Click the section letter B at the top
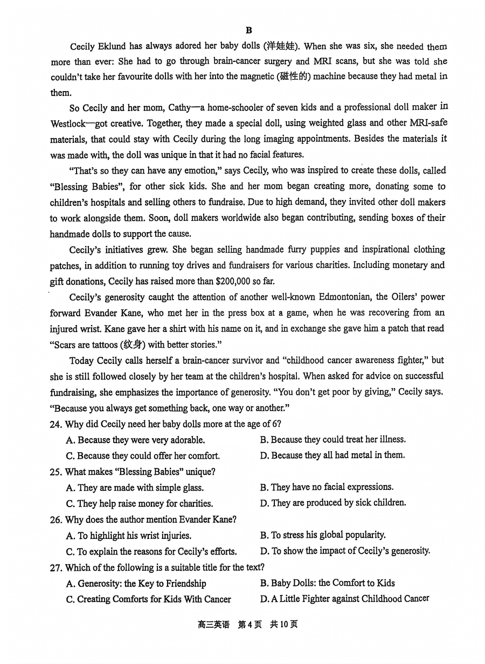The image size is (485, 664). (x=248, y=30)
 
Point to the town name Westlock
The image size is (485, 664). (x=68, y=123)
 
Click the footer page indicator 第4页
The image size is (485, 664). (x=250, y=625)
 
